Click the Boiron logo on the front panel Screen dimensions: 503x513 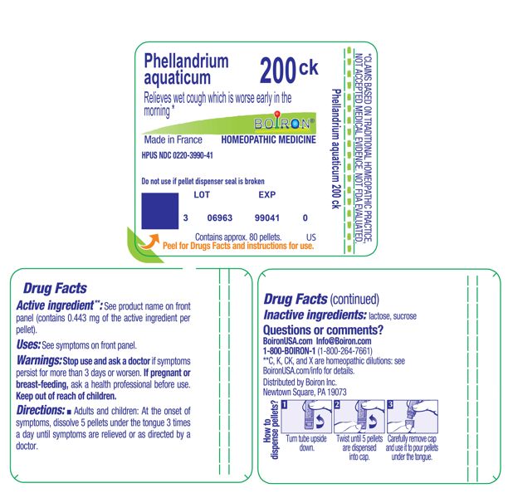284,124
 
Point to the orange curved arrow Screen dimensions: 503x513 150,242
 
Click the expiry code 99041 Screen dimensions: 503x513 267,217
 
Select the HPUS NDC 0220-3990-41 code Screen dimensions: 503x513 177,155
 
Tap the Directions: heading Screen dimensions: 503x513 41,410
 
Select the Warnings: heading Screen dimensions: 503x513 39,360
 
